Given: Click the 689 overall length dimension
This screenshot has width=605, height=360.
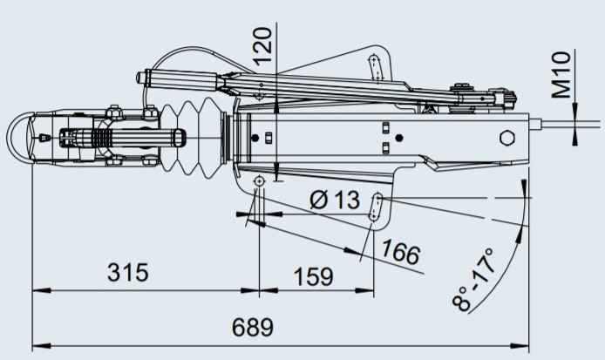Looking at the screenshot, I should tap(253, 328).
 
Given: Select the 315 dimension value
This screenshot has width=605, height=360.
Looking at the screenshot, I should tap(127, 272).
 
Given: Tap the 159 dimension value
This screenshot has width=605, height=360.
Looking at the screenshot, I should tap(314, 276).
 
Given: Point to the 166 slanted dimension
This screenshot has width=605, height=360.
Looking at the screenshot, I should tap(400, 254).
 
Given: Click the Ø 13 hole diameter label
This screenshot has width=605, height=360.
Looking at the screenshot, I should tap(335, 200).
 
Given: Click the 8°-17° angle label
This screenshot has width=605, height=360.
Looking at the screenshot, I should tap(473, 279).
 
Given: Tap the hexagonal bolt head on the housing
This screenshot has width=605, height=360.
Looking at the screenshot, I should tap(506, 139).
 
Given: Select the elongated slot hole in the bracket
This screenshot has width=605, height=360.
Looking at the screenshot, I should tap(377, 207).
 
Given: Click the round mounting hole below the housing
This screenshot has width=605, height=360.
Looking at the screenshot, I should tap(259, 180).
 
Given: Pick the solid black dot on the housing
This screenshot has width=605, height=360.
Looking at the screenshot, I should tap(398, 138).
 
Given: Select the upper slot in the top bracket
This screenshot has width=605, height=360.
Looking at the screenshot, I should tap(375, 65).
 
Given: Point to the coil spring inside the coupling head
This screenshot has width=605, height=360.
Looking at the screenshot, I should tap(103, 137).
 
